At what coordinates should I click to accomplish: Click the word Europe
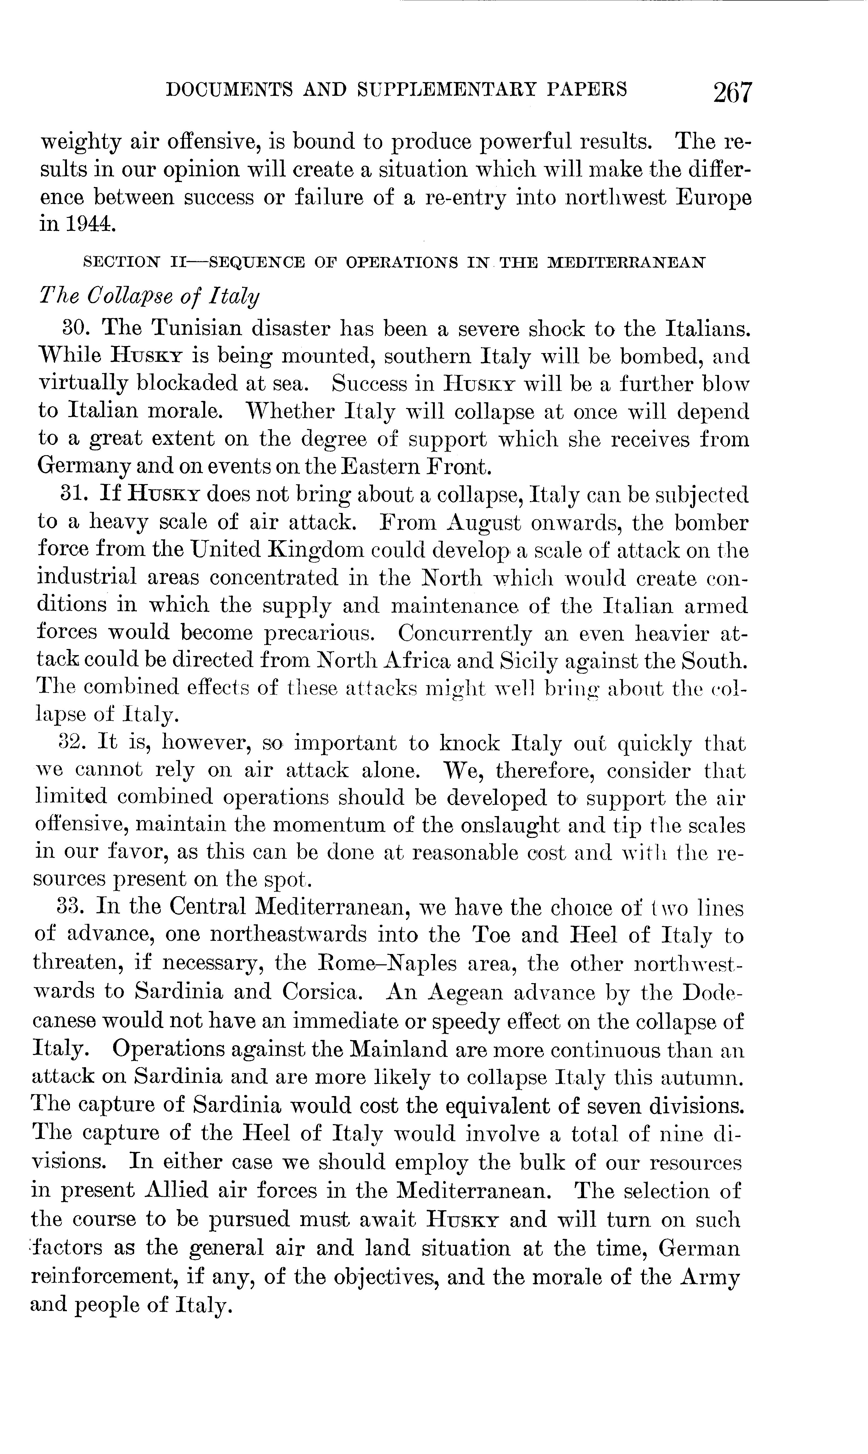pyautogui.click(x=714, y=198)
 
